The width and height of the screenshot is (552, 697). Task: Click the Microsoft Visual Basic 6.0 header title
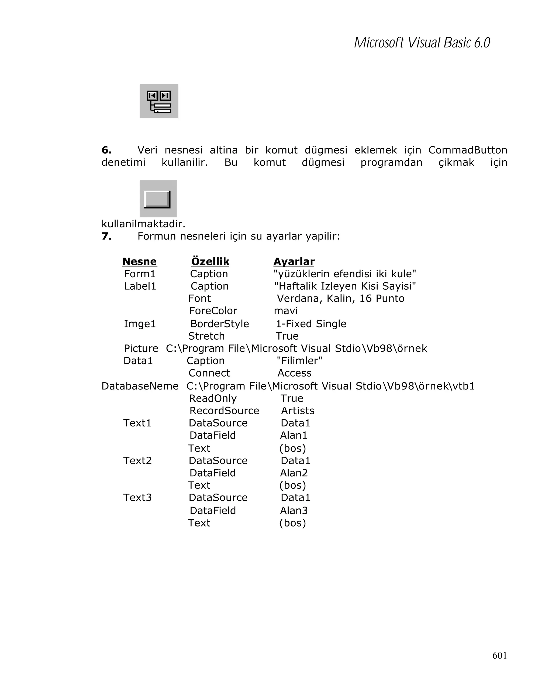point(422,43)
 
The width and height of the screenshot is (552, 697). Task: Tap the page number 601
point(499,655)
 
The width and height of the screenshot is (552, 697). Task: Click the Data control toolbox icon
point(158,101)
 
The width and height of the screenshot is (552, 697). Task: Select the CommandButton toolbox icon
point(158,199)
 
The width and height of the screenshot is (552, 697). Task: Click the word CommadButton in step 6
point(467,150)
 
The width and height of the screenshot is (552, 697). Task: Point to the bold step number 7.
point(106,236)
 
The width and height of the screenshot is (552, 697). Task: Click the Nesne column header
point(140,261)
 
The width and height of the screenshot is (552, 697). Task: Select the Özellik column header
point(210,261)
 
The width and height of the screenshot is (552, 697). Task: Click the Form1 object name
point(140,274)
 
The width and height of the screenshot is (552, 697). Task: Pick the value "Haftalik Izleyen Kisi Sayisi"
point(345,286)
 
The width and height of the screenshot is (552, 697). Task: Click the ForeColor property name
point(213,311)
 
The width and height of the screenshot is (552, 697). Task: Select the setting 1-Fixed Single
point(311,324)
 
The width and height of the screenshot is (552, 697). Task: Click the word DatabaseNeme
point(140,386)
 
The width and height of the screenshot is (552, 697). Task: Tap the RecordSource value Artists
point(298,411)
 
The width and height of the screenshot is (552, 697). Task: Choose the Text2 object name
point(137,460)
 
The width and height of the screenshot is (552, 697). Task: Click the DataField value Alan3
point(294,510)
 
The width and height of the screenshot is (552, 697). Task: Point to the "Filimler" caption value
point(299,360)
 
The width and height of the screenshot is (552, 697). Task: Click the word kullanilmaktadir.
point(143,224)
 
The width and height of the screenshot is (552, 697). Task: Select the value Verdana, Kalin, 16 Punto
point(340,298)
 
